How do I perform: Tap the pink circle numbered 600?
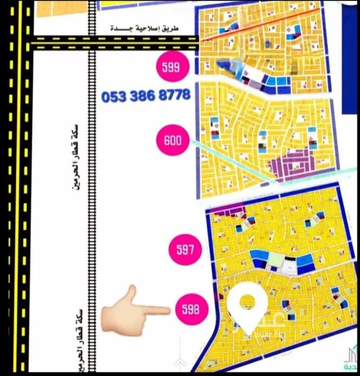pyautogui.click(x=173, y=140)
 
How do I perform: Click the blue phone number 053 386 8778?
pyautogui.click(x=146, y=96)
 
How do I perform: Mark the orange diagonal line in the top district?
pyautogui.click(x=252, y=26)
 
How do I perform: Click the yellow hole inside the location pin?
pyautogui.click(x=247, y=302)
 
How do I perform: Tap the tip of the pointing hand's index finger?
pyautogui.click(x=168, y=309)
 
